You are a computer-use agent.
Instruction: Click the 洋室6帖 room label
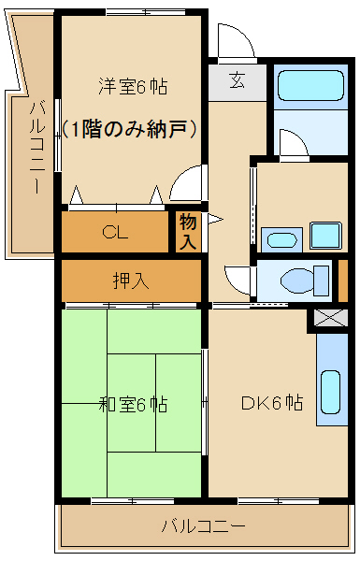click(x=133, y=87)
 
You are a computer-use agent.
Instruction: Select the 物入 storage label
click(x=188, y=232)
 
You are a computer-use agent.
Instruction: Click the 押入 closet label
click(x=132, y=280)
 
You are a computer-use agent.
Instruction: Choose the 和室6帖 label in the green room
click(x=133, y=405)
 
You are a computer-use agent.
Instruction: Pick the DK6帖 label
click(x=271, y=404)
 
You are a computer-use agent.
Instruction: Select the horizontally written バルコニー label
click(x=203, y=526)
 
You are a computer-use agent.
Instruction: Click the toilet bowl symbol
click(x=300, y=279)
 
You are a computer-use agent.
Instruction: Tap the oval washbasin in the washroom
click(x=280, y=238)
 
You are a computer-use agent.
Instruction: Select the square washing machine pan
click(x=325, y=236)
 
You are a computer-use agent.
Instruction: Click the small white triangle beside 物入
click(x=213, y=220)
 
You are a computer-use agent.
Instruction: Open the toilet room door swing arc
click(x=237, y=278)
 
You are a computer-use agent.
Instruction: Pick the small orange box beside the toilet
click(x=343, y=279)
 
